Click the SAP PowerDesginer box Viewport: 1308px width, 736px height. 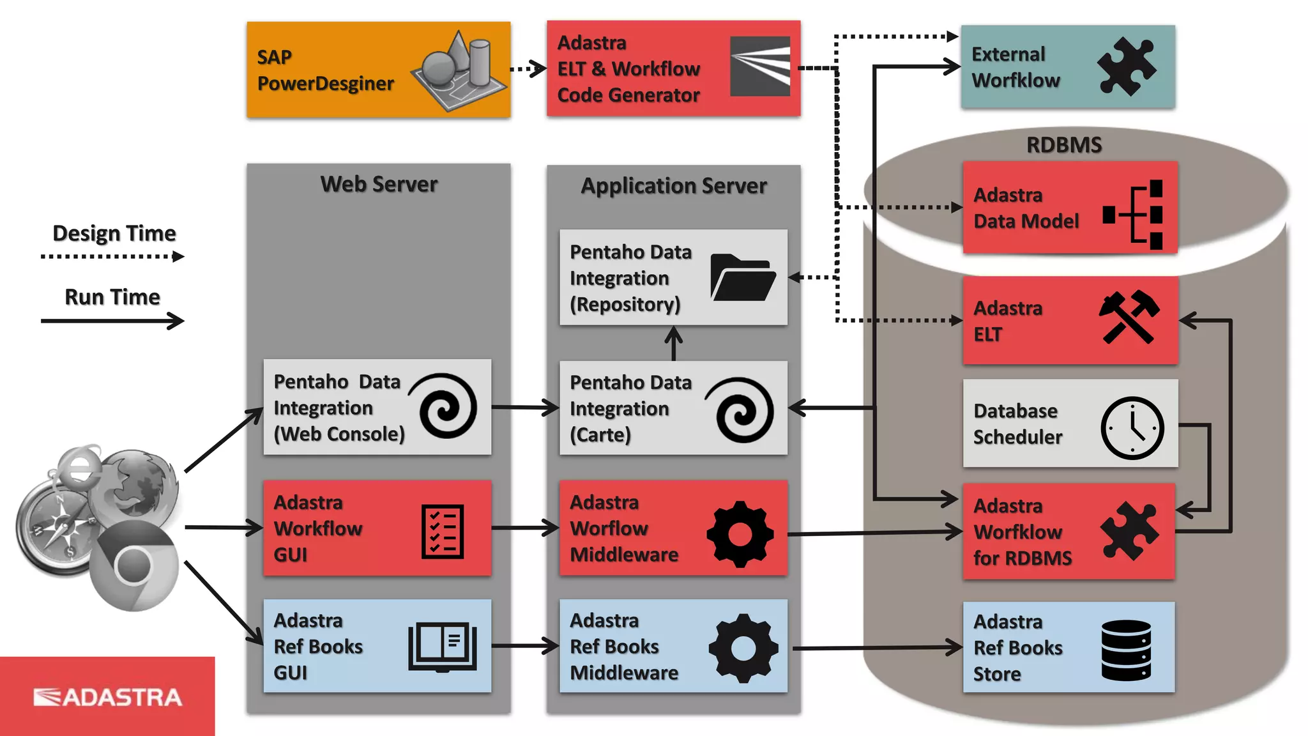[378, 70]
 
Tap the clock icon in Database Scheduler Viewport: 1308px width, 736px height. [1132, 427]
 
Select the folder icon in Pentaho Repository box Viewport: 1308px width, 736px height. [742, 278]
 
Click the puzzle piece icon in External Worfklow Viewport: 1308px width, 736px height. [1126, 66]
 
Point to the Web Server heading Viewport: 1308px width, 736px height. [379, 184]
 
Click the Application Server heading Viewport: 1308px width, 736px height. [673, 186]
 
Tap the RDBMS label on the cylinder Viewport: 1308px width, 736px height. [1063, 145]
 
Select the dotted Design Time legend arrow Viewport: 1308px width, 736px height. [112, 257]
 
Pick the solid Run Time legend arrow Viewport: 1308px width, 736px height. [112, 320]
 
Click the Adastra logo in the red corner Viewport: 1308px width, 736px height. [107, 697]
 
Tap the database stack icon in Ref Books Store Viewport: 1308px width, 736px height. [1126, 650]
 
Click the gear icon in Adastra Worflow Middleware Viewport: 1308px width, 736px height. [740, 534]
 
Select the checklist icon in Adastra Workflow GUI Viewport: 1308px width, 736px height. [443, 532]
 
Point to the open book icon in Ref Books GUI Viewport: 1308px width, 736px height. [443, 647]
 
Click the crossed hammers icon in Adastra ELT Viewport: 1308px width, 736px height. [1129, 318]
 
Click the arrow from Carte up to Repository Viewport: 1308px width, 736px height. [673, 344]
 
